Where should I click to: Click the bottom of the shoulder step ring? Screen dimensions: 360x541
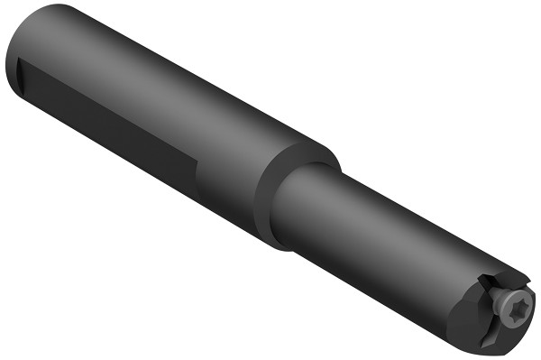pos(275,242)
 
